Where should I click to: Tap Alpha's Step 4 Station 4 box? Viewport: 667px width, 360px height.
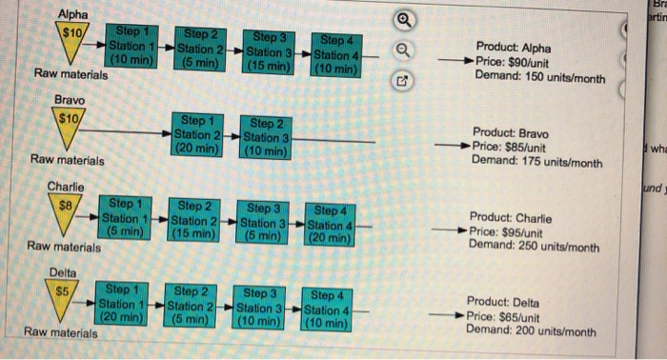coord(336,54)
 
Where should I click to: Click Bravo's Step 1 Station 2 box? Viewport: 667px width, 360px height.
coord(197,135)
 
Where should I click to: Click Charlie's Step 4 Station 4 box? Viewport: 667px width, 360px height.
coord(330,226)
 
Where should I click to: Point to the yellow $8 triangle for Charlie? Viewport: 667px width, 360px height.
coord(66,210)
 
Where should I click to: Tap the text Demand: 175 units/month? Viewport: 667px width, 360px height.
coord(536,161)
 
